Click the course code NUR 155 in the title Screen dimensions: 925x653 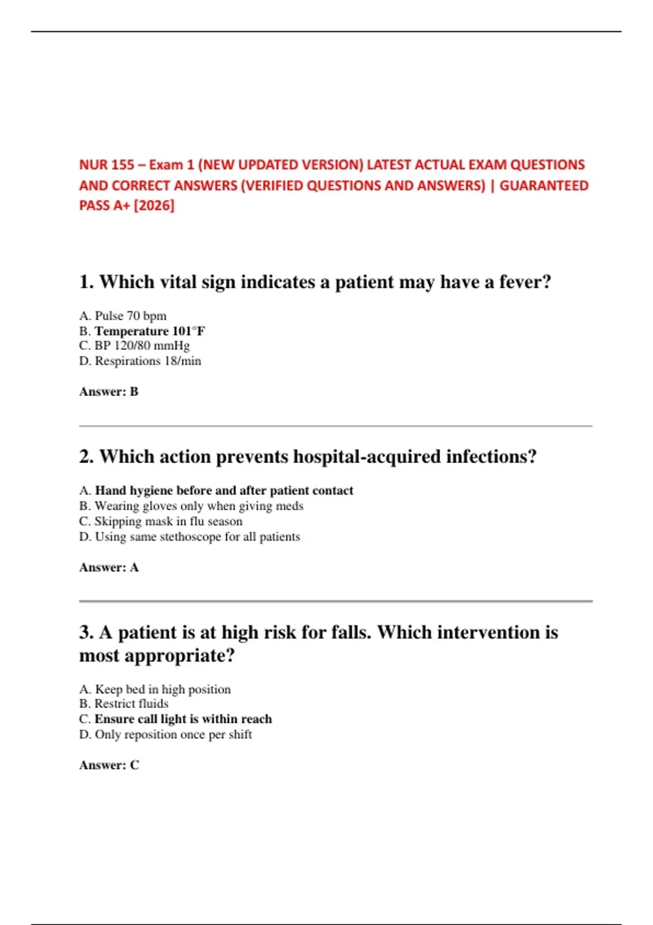click(x=107, y=165)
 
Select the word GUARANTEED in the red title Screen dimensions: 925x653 click(x=544, y=186)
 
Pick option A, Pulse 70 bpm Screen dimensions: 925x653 click(x=123, y=316)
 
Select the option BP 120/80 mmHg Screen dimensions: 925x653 click(x=134, y=346)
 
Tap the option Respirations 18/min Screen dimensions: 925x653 click(x=140, y=361)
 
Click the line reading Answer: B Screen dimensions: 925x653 click(x=109, y=392)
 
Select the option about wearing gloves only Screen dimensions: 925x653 click(x=192, y=506)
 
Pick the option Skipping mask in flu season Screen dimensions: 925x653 click(x=161, y=521)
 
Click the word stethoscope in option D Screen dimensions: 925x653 click(x=190, y=537)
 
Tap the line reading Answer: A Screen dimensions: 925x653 click(x=109, y=568)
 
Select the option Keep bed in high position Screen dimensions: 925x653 click(x=155, y=689)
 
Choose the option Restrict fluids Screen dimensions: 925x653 click(x=124, y=704)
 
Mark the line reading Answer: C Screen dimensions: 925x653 click(x=109, y=765)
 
